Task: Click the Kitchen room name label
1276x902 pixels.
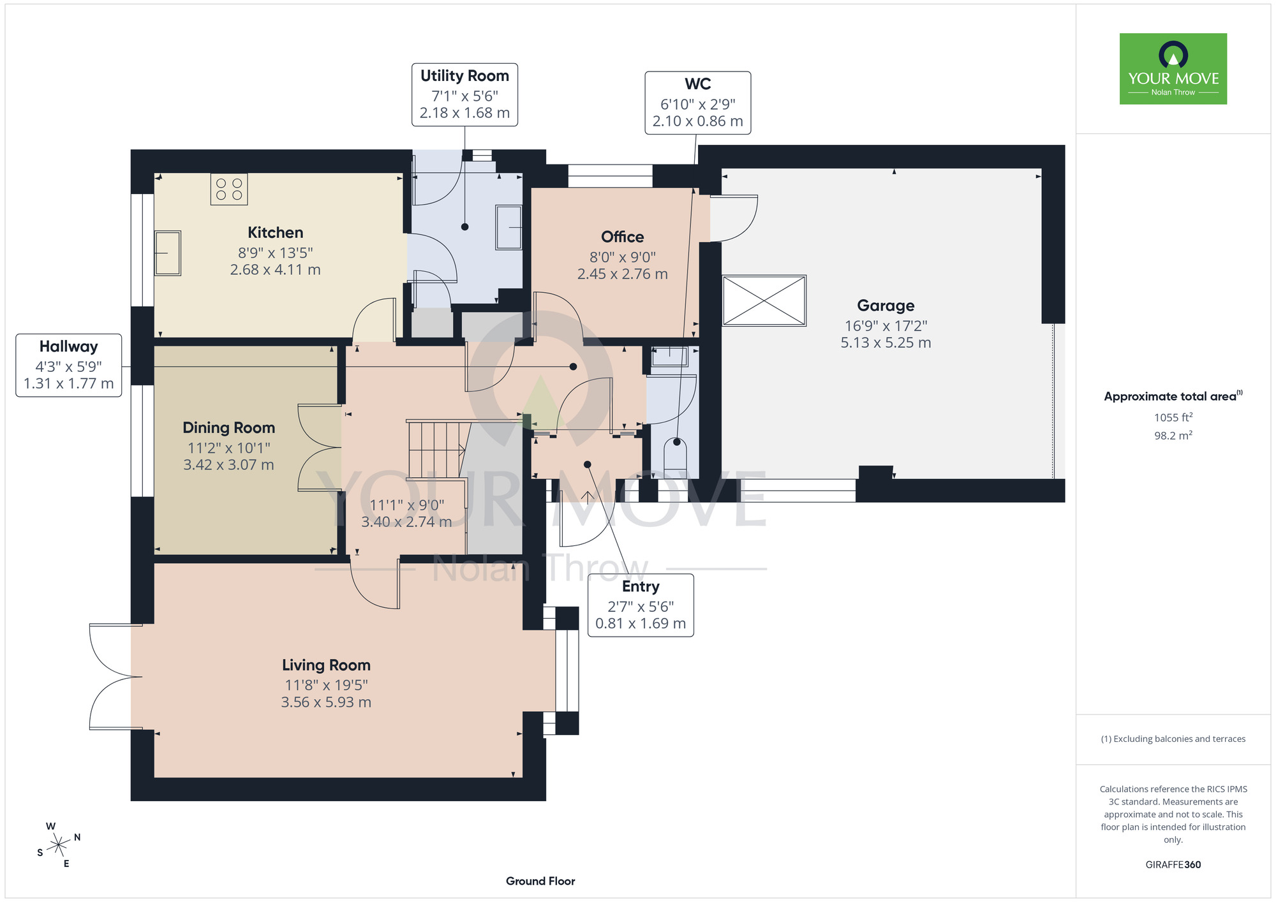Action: pos(276,233)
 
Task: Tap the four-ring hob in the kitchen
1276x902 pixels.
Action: pos(229,189)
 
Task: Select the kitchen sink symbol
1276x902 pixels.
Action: pos(168,253)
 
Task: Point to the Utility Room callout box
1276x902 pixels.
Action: pos(464,94)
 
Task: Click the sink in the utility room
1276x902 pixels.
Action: pos(508,227)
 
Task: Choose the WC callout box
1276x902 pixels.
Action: pos(698,103)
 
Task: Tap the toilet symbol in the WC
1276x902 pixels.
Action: pos(675,457)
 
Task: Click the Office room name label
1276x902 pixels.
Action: pos(623,237)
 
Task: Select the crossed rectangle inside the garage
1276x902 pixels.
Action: pos(764,300)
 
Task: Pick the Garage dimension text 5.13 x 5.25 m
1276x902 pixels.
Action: pos(886,343)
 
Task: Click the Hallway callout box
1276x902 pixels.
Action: pos(69,365)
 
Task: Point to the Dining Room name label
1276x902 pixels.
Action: pos(229,427)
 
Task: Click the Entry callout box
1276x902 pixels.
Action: pos(641,605)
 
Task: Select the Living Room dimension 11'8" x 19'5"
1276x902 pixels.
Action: pos(326,685)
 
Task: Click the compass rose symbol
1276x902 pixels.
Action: pos(58,845)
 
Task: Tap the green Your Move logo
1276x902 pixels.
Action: pos(1173,69)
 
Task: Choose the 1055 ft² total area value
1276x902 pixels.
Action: pos(1173,417)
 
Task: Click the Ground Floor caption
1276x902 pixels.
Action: pos(540,881)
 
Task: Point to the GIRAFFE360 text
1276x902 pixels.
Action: pos(1173,865)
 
